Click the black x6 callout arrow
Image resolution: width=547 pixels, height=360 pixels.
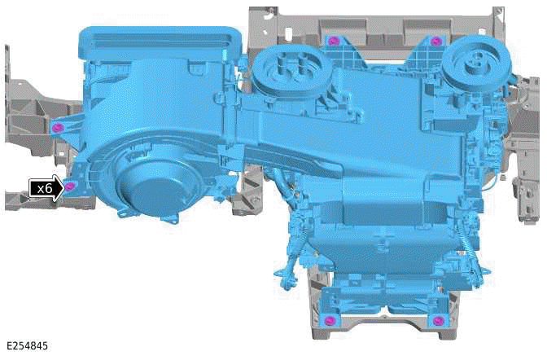coord(46,187)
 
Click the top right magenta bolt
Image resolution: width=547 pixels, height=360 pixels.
coord(435,41)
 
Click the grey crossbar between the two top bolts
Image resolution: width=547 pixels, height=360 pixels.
coord(383,33)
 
